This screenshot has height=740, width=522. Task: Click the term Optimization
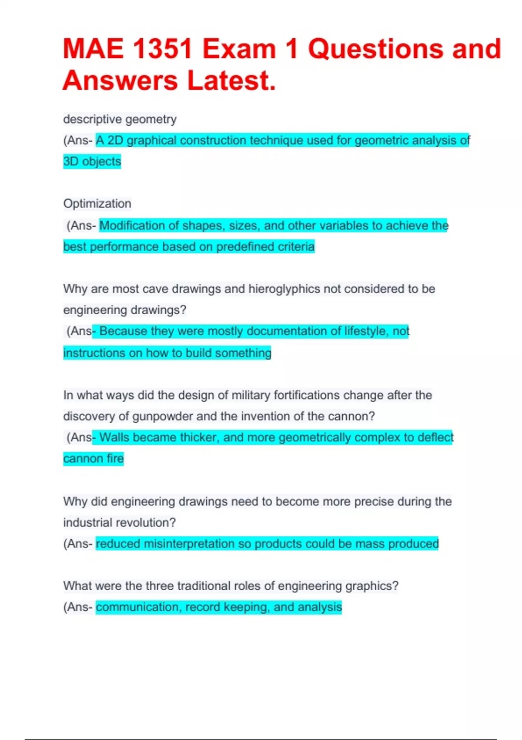point(97,204)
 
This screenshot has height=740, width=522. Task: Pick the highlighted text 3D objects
point(92,161)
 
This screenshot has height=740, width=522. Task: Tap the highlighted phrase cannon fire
point(94,459)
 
